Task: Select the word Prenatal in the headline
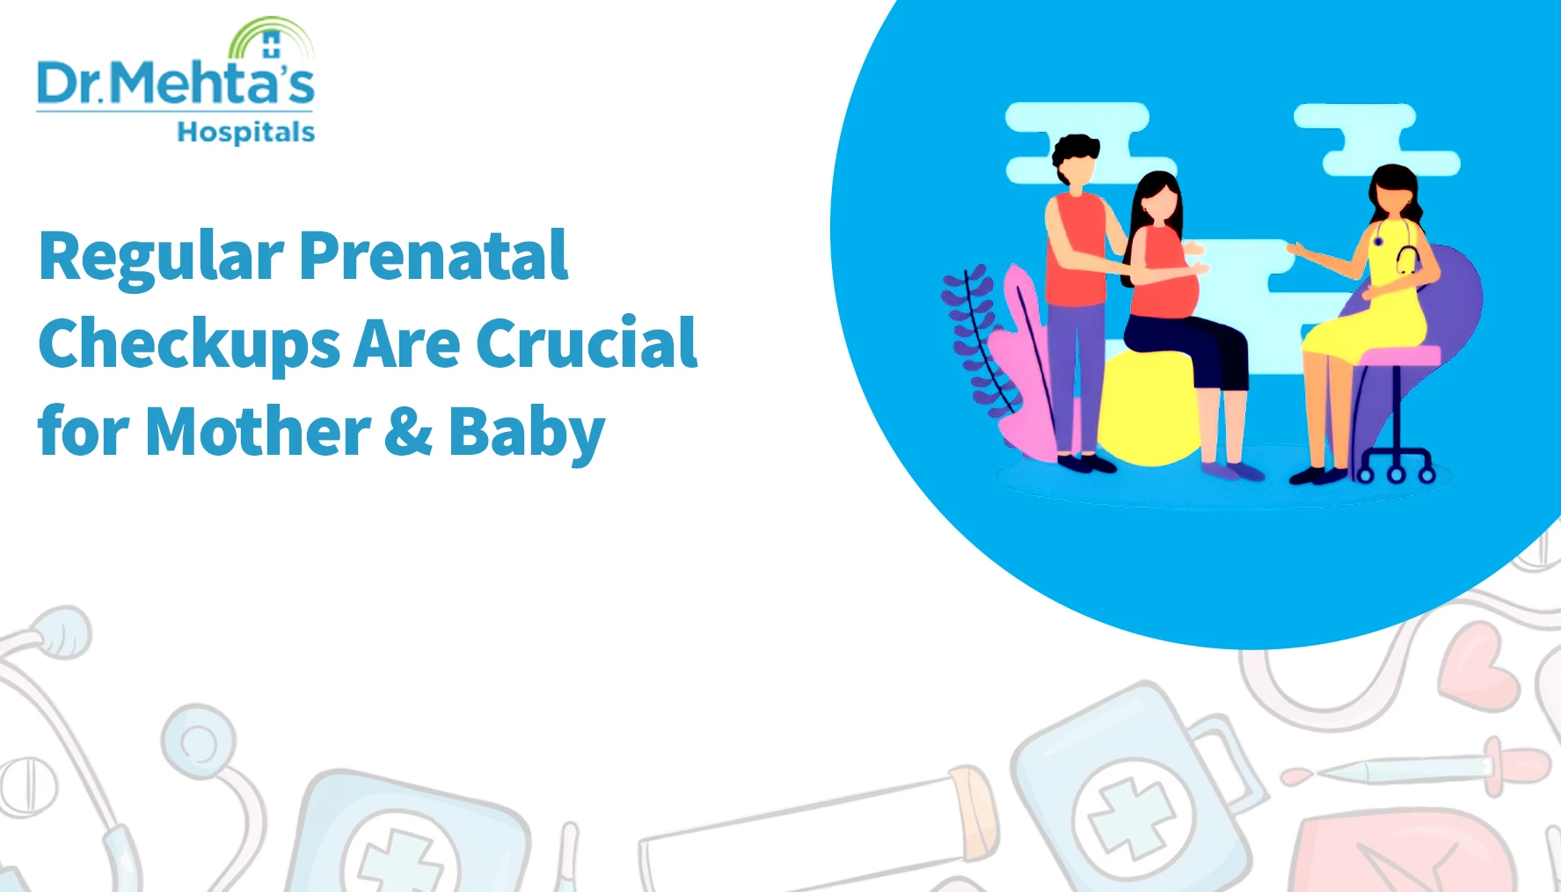click(434, 255)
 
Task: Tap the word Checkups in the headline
click(189, 345)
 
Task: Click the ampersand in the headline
click(409, 431)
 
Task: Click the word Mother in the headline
click(258, 430)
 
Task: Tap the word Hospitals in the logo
click(246, 132)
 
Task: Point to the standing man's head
click(1076, 160)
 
